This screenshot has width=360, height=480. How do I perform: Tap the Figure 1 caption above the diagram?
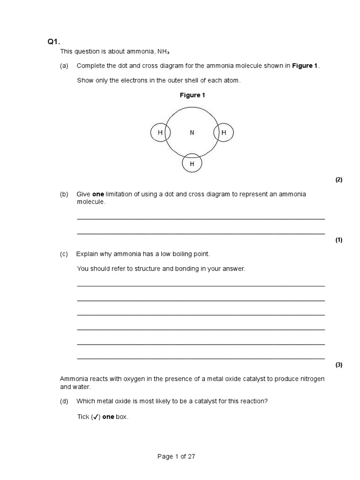[x=193, y=95]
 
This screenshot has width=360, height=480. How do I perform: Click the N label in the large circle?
[x=192, y=133]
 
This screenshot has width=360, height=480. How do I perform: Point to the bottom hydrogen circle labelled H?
[x=192, y=164]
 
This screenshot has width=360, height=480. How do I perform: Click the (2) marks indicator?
[x=339, y=180]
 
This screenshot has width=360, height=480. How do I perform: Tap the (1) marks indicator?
[x=339, y=240]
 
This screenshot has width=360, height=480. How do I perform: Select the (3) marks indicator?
[x=339, y=365]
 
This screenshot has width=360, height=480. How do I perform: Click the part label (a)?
[x=64, y=66]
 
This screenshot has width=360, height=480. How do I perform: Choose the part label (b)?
[x=64, y=194]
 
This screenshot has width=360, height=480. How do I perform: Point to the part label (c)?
[x=64, y=254]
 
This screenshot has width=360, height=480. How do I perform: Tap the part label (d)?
[x=64, y=401]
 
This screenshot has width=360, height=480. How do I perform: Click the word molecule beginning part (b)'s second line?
[x=91, y=202]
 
